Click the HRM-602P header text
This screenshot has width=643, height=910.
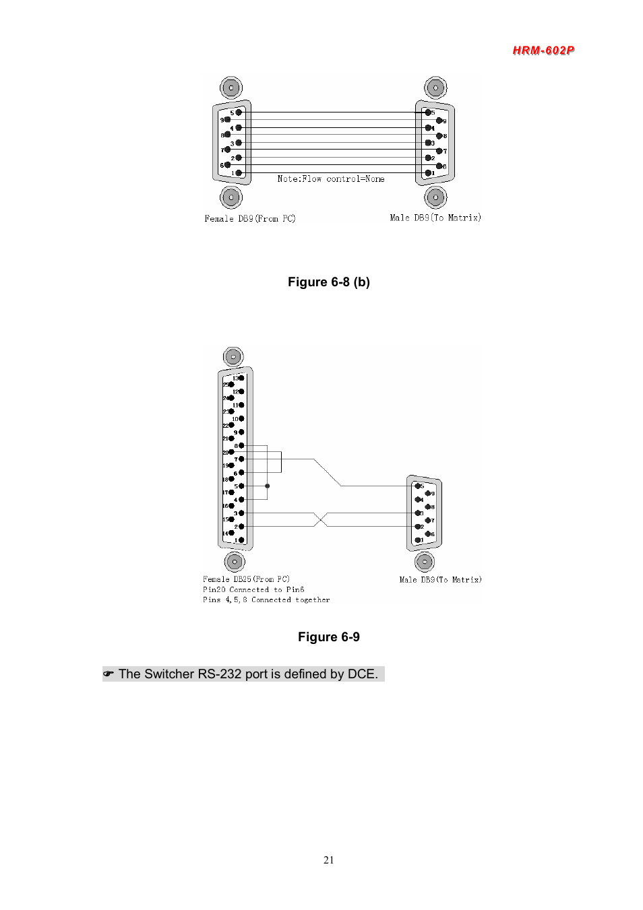coord(543,51)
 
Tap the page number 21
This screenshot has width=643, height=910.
coord(328,859)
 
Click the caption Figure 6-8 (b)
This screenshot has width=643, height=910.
coord(329,282)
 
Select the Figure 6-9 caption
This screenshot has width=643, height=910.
coord(329,637)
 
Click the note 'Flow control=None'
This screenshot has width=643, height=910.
coord(331,178)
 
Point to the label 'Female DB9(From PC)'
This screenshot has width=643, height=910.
coord(250,218)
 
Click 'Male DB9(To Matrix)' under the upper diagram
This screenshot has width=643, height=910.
coord(435,218)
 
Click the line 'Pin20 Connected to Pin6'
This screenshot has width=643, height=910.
coord(253,589)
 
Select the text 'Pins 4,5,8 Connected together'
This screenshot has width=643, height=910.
coord(266,599)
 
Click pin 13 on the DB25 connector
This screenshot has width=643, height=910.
coord(241,378)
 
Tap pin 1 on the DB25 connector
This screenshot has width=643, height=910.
coord(241,540)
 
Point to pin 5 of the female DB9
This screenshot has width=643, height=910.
coord(239,112)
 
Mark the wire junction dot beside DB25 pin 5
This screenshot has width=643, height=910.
coord(268,486)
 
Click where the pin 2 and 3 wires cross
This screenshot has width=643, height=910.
coord(321,519)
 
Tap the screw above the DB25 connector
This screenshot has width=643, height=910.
coord(233,356)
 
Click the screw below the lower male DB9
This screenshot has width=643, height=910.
coord(425,561)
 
